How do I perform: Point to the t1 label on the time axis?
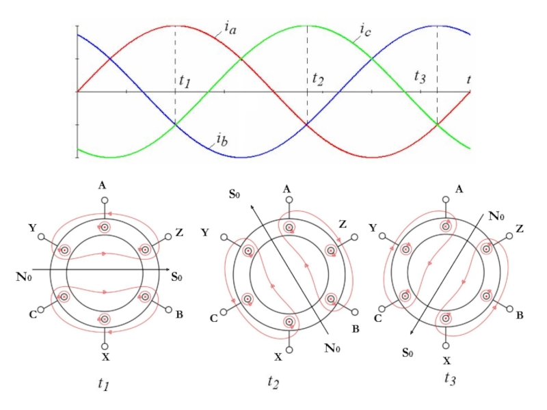(185, 81)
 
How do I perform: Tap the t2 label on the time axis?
(318, 79)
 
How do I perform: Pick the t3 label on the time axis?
(421, 77)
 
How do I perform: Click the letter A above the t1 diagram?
(102, 186)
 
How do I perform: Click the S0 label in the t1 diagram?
(176, 277)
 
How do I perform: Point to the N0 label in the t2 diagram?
(333, 347)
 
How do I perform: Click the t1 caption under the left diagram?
(104, 385)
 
